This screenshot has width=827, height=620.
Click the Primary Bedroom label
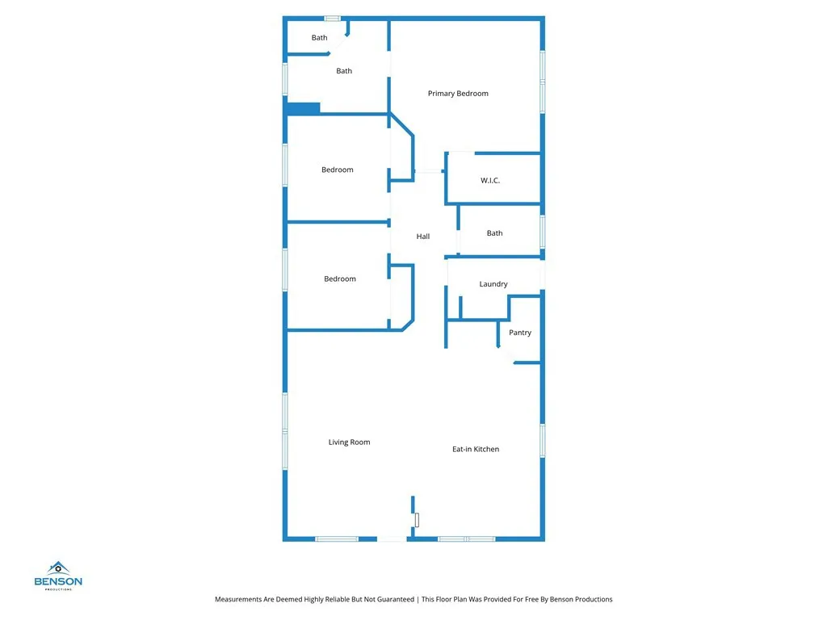[x=458, y=94]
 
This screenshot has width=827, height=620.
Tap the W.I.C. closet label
[x=490, y=180]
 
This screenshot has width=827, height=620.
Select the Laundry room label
[x=493, y=284]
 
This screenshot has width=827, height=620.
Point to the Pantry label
[x=520, y=333]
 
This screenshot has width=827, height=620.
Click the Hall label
[x=423, y=237]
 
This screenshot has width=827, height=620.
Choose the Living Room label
[x=349, y=442]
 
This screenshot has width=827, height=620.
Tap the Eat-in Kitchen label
[x=476, y=449]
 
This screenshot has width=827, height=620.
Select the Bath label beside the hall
[x=494, y=233]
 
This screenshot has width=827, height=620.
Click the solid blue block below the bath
[x=304, y=107]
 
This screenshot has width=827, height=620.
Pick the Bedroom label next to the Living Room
[x=340, y=279]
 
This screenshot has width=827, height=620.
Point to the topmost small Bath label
[x=320, y=38]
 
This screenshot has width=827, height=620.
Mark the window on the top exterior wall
[x=332, y=18]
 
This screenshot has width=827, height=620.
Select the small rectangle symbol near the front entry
[x=417, y=521]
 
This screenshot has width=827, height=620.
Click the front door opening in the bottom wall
[x=393, y=538]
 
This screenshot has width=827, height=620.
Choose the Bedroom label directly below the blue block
[x=338, y=170]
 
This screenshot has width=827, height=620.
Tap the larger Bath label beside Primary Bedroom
[x=344, y=71]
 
